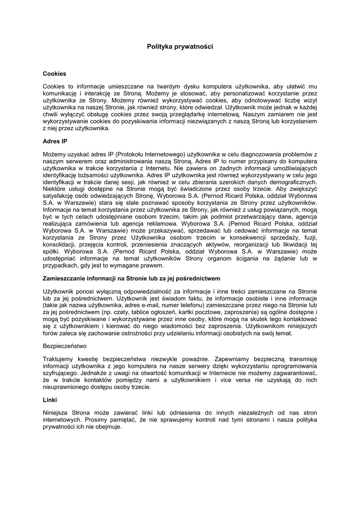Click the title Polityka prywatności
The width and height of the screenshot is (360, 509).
[x=180, y=46]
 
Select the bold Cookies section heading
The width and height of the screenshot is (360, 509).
[x=54, y=74]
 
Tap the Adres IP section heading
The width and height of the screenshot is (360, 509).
[x=55, y=141]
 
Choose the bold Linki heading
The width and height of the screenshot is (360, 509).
[x=50, y=400]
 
